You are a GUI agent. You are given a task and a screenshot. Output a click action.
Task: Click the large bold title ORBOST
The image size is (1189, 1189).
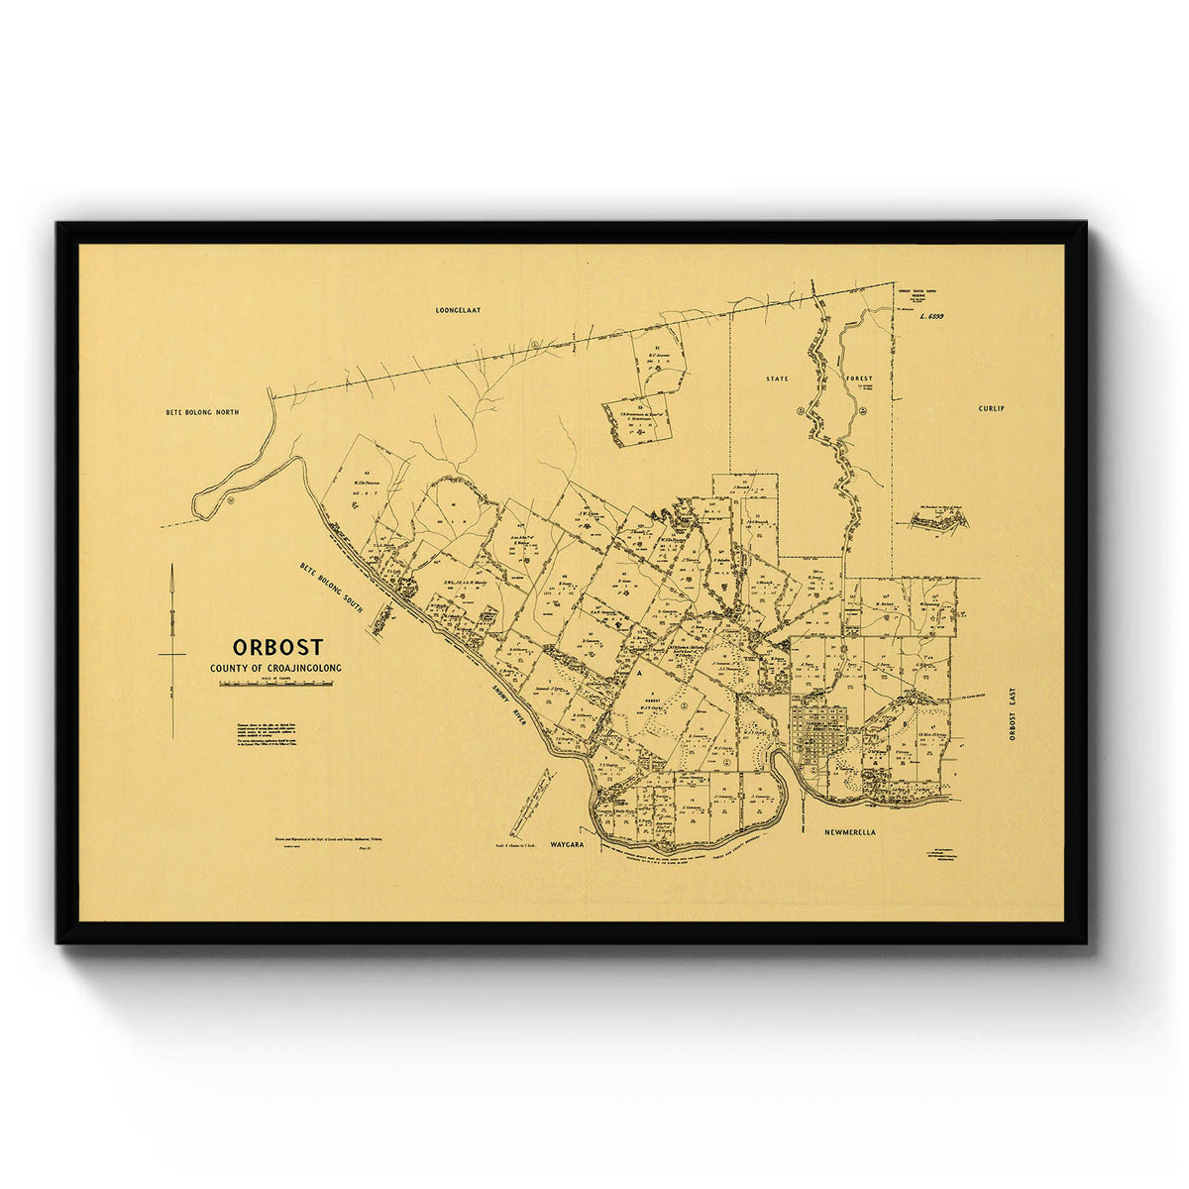pyautogui.click(x=277, y=647)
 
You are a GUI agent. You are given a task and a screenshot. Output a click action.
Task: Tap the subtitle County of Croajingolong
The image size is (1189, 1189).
pyautogui.click(x=275, y=669)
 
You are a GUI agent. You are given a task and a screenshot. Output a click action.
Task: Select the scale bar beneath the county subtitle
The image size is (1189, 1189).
pyautogui.click(x=275, y=684)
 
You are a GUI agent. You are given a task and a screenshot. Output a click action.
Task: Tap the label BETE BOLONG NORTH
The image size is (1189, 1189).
pyautogui.click(x=203, y=410)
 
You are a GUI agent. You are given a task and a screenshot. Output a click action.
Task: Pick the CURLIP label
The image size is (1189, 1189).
pyautogui.click(x=991, y=408)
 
